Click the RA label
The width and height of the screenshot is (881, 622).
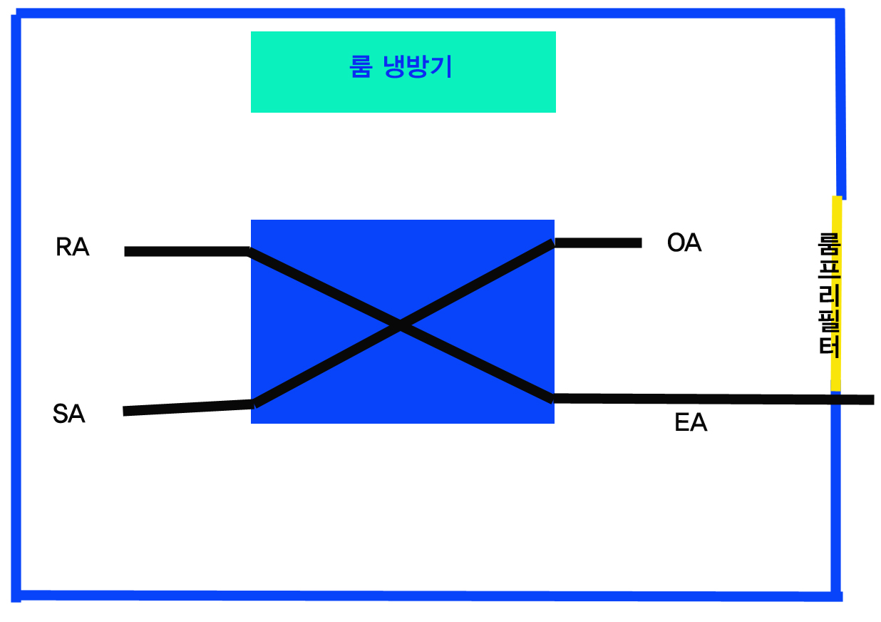point(73,248)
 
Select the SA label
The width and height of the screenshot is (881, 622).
point(69,414)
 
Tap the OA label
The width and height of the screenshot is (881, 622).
point(684,243)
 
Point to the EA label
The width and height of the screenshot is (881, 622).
point(691,423)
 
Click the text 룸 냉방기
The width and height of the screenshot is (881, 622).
point(401,68)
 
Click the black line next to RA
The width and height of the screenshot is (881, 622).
point(185,251)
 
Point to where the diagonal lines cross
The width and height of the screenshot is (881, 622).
point(400,325)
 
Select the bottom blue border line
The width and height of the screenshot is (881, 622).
point(428,595)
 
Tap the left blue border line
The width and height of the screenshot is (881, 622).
point(16,307)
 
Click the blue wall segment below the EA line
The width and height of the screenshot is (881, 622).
point(835,499)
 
